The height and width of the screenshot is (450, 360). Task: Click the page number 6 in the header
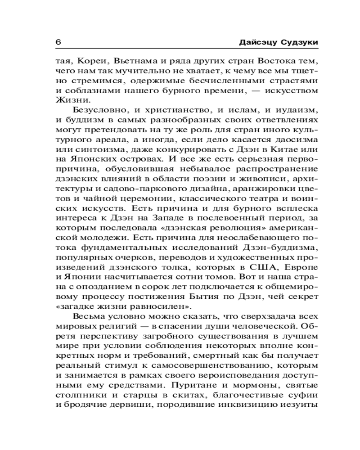click(58, 42)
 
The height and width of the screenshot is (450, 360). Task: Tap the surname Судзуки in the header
click(297, 42)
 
